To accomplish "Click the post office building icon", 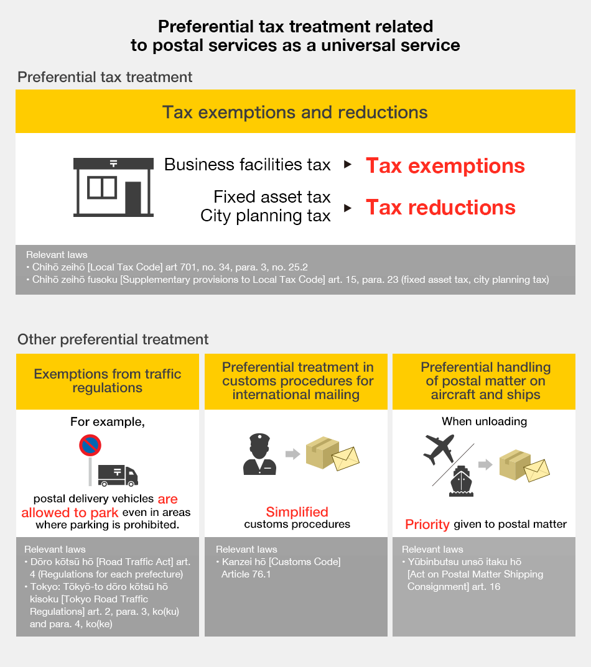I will click(113, 186).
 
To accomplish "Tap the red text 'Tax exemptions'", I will click(445, 166).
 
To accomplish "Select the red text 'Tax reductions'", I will click(440, 208).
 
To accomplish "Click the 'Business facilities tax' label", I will click(247, 165).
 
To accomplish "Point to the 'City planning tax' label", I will click(265, 216).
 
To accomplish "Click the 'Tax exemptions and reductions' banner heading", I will click(295, 112).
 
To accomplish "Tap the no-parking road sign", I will click(90, 446).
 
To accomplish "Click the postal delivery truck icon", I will click(118, 475).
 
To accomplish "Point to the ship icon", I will click(461, 482).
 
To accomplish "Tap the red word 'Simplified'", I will click(297, 512).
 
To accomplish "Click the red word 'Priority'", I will click(427, 525).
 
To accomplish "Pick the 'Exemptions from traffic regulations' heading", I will click(108, 381).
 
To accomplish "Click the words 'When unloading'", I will click(484, 421).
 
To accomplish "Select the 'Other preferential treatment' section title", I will click(113, 339).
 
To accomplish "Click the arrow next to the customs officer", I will click(292, 454).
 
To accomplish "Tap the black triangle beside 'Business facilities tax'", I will click(348, 165).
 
